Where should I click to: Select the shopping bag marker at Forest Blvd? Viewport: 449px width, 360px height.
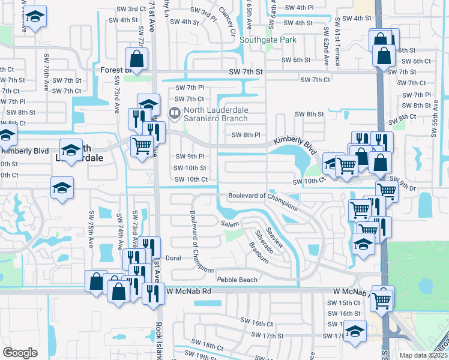[137, 60]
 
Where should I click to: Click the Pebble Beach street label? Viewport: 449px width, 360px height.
[237, 280]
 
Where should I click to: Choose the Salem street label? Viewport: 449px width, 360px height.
[230, 223]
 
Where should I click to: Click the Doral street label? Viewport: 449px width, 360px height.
[172, 258]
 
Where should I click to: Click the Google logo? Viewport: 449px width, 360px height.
[20, 352]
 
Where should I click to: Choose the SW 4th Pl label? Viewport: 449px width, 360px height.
[300, 8]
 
